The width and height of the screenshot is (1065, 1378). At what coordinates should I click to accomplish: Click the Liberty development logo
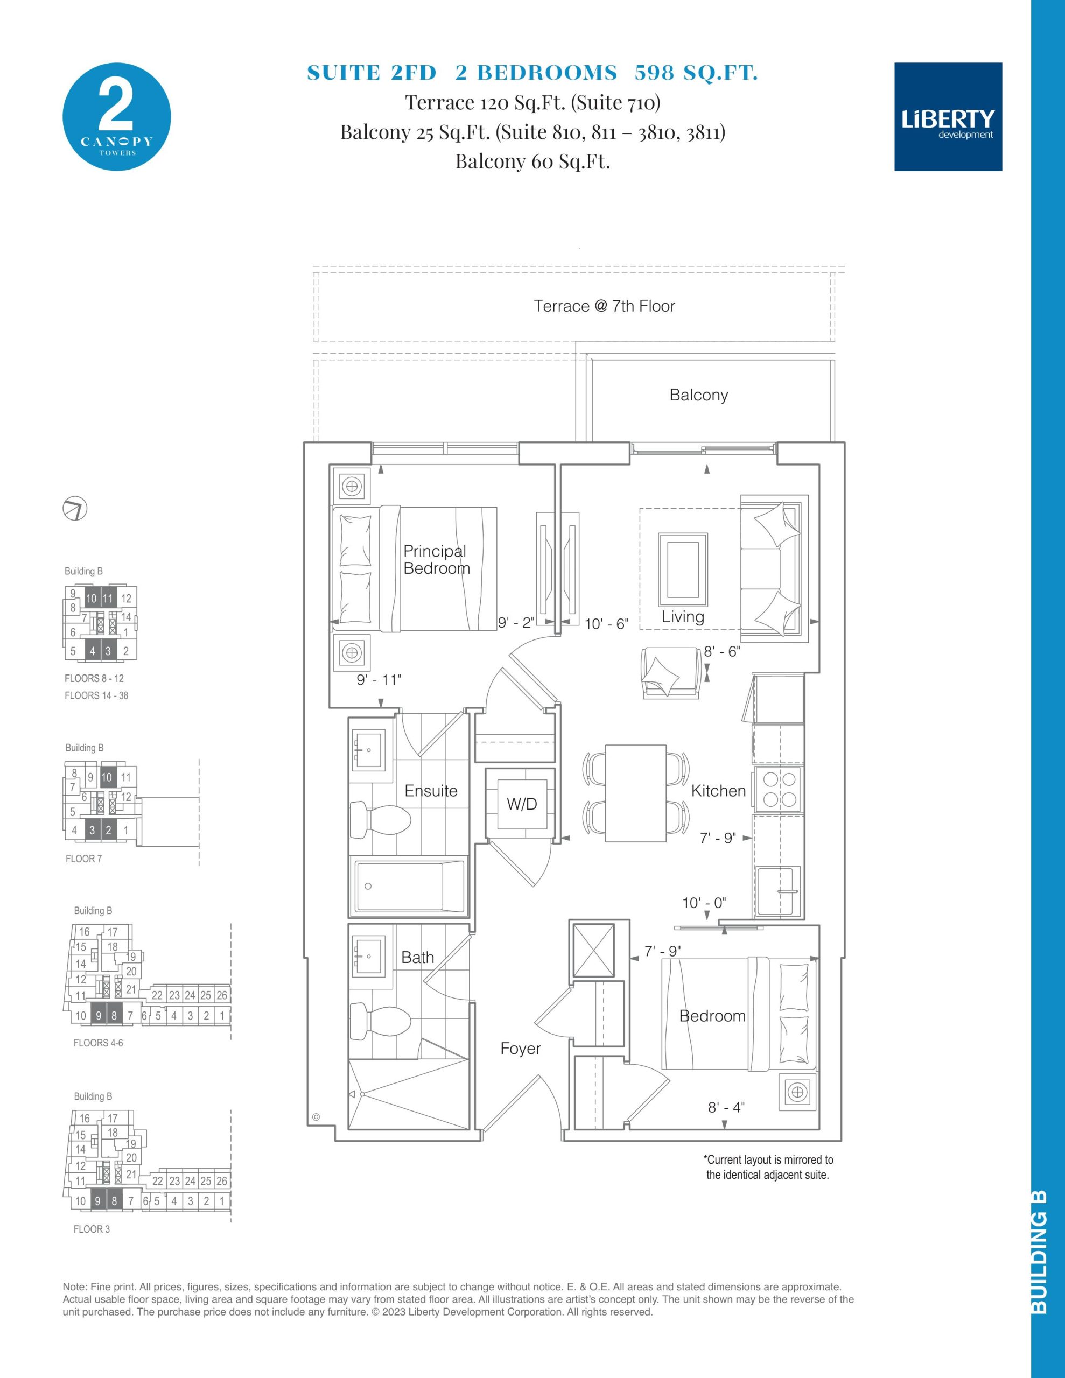[948, 117]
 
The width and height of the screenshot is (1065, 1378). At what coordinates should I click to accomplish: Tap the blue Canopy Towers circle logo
[117, 117]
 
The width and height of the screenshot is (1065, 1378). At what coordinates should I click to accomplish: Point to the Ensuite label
[431, 791]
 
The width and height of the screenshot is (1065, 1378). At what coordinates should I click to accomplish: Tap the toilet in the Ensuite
[380, 820]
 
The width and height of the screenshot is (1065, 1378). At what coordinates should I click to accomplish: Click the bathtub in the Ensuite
[410, 886]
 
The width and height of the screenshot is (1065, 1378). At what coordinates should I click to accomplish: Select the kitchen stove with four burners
[779, 788]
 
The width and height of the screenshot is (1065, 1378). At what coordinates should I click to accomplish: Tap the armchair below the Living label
[670, 673]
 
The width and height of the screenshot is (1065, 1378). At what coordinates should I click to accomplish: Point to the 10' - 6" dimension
[606, 624]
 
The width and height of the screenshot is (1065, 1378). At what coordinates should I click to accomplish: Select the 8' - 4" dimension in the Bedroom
[726, 1124]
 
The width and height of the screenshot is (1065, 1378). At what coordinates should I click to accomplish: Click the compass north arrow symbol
[75, 509]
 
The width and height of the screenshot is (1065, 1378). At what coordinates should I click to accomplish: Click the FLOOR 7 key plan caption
[83, 859]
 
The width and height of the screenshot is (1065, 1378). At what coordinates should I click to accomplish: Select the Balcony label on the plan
[699, 395]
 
